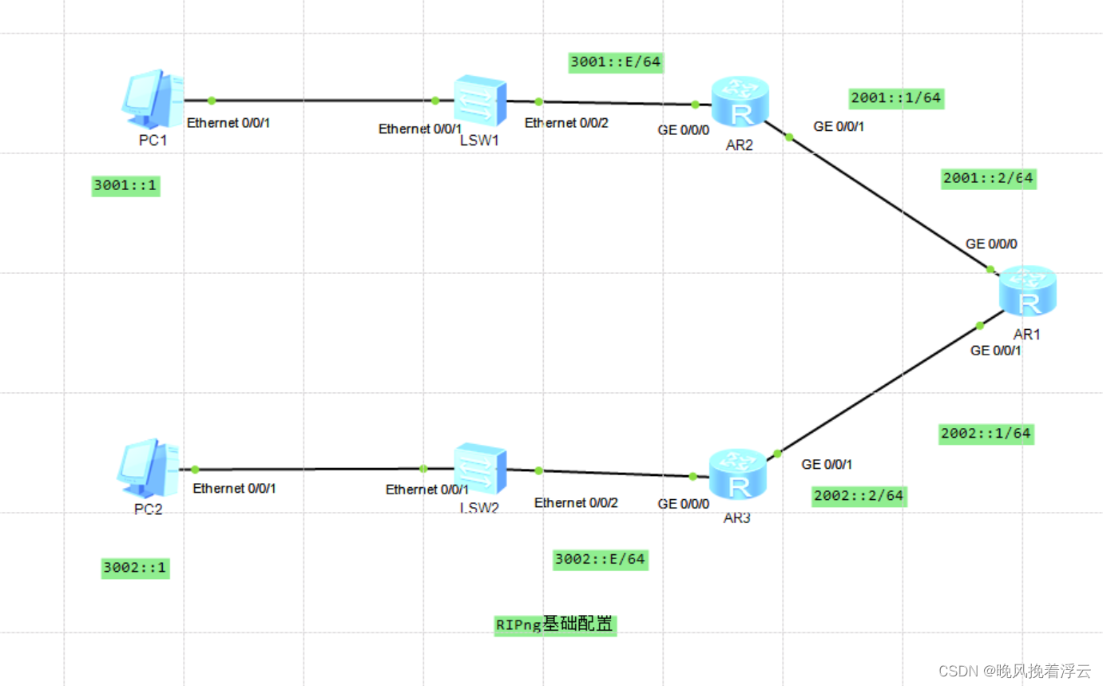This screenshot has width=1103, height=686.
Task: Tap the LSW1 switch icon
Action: (480, 101)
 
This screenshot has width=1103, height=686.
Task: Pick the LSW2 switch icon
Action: (480, 470)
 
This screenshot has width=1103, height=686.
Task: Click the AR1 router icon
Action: (1027, 293)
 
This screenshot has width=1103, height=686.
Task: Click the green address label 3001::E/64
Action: (616, 62)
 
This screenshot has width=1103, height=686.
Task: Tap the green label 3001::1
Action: (126, 186)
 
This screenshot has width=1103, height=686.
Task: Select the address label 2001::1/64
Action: (896, 98)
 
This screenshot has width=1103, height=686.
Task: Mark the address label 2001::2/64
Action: (988, 178)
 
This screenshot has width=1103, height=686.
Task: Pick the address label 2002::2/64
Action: (859, 496)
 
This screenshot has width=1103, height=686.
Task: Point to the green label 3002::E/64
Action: (600, 559)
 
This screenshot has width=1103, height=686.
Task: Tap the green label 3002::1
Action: (135, 568)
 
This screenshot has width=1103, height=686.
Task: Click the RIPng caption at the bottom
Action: (555, 625)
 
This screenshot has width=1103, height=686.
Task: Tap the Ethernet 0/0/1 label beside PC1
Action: (228, 123)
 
